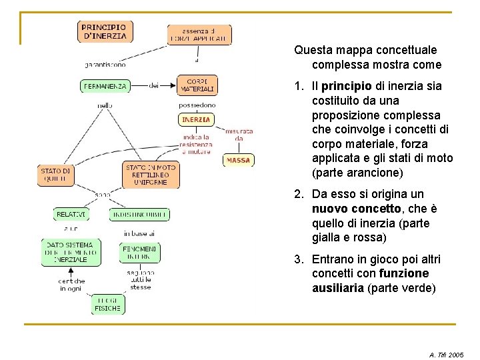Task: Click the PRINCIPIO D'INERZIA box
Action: coord(103,32)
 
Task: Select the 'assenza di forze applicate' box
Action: coord(199,35)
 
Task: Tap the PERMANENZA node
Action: coord(105,86)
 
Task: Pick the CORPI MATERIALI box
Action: coord(197,85)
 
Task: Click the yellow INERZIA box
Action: coord(196,120)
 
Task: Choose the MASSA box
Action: coord(238,160)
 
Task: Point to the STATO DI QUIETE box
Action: coord(55,175)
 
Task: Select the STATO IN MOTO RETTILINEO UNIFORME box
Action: coord(151,175)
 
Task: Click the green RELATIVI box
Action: coord(71,215)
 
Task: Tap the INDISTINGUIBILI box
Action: coord(139,215)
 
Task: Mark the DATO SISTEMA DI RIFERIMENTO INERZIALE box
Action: coord(71,252)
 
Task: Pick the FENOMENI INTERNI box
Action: coord(140,252)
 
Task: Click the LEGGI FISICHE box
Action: coord(107,304)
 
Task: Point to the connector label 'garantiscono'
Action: coord(105,65)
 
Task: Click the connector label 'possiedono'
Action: coord(197,105)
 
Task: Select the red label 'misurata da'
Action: coord(239,135)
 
